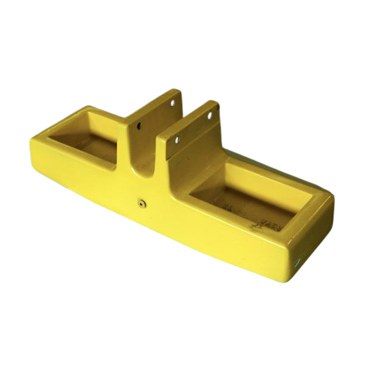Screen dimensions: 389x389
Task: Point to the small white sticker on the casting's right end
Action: (x=298, y=261)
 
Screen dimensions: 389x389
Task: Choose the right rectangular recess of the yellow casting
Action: (x=249, y=198)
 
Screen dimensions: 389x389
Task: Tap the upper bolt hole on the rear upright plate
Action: (x=172, y=104)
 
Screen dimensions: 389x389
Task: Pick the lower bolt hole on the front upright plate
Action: (x=178, y=140)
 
